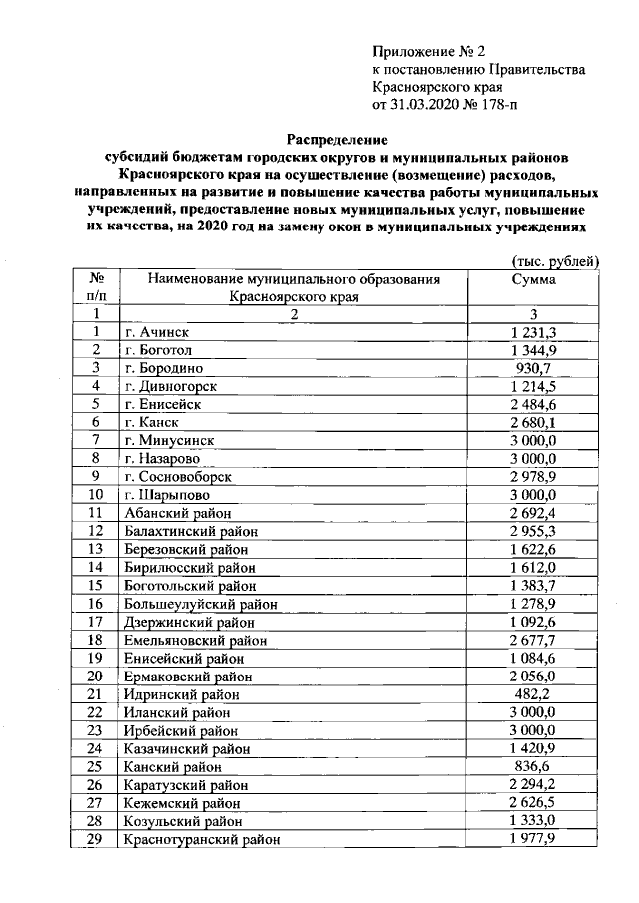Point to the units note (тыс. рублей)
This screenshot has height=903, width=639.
(548, 261)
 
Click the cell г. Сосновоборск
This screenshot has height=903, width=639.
(179, 477)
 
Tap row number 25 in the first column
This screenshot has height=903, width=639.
(96, 766)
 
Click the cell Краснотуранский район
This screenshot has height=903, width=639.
(201, 839)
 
